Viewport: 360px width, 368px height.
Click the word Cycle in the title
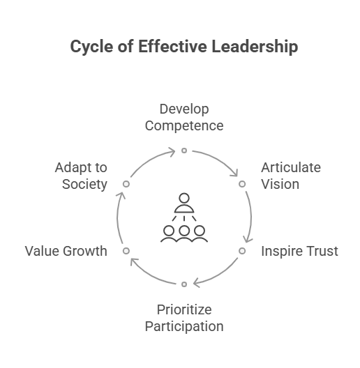(x=91, y=47)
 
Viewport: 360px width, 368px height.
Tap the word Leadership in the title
(x=255, y=47)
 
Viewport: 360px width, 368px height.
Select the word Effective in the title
(x=172, y=46)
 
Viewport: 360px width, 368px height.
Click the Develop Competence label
(x=184, y=117)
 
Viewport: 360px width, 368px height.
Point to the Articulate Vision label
(x=291, y=176)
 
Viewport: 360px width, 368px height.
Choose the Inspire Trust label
(x=299, y=251)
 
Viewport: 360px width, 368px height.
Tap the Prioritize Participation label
(x=184, y=318)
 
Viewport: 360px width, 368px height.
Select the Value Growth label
(x=66, y=251)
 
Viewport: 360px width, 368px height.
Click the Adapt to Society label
(x=81, y=176)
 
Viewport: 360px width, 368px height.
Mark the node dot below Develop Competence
(x=184, y=151)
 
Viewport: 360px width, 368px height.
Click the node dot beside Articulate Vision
(x=242, y=184)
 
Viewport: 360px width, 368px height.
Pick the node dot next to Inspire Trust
(x=242, y=251)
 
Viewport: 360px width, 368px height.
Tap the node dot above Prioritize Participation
(x=184, y=284)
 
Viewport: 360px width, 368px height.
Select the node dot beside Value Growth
(x=126, y=251)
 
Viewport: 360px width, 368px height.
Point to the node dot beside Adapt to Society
(x=126, y=184)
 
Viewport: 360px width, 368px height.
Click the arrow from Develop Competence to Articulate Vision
(x=218, y=160)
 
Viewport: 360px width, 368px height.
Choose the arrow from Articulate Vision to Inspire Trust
(x=251, y=217)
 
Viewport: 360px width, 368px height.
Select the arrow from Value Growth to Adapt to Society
(x=117, y=217)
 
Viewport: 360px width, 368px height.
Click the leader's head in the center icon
(x=184, y=199)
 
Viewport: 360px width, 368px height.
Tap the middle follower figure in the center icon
(x=184, y=233)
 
